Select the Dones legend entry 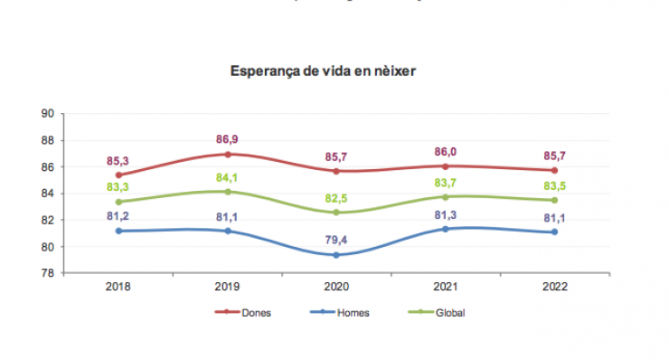[x=256, y=313]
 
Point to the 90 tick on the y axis [x=49, y=114]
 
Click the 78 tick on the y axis [x=49, y=273]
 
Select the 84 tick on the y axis [x=49, y=194]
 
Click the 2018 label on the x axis [x=118, y=286]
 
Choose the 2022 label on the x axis [x=555, y=286]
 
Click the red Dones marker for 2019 [x=228, y=154]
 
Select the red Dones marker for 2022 [x=555, y=170]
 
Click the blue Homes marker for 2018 [x=119, y=231]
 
